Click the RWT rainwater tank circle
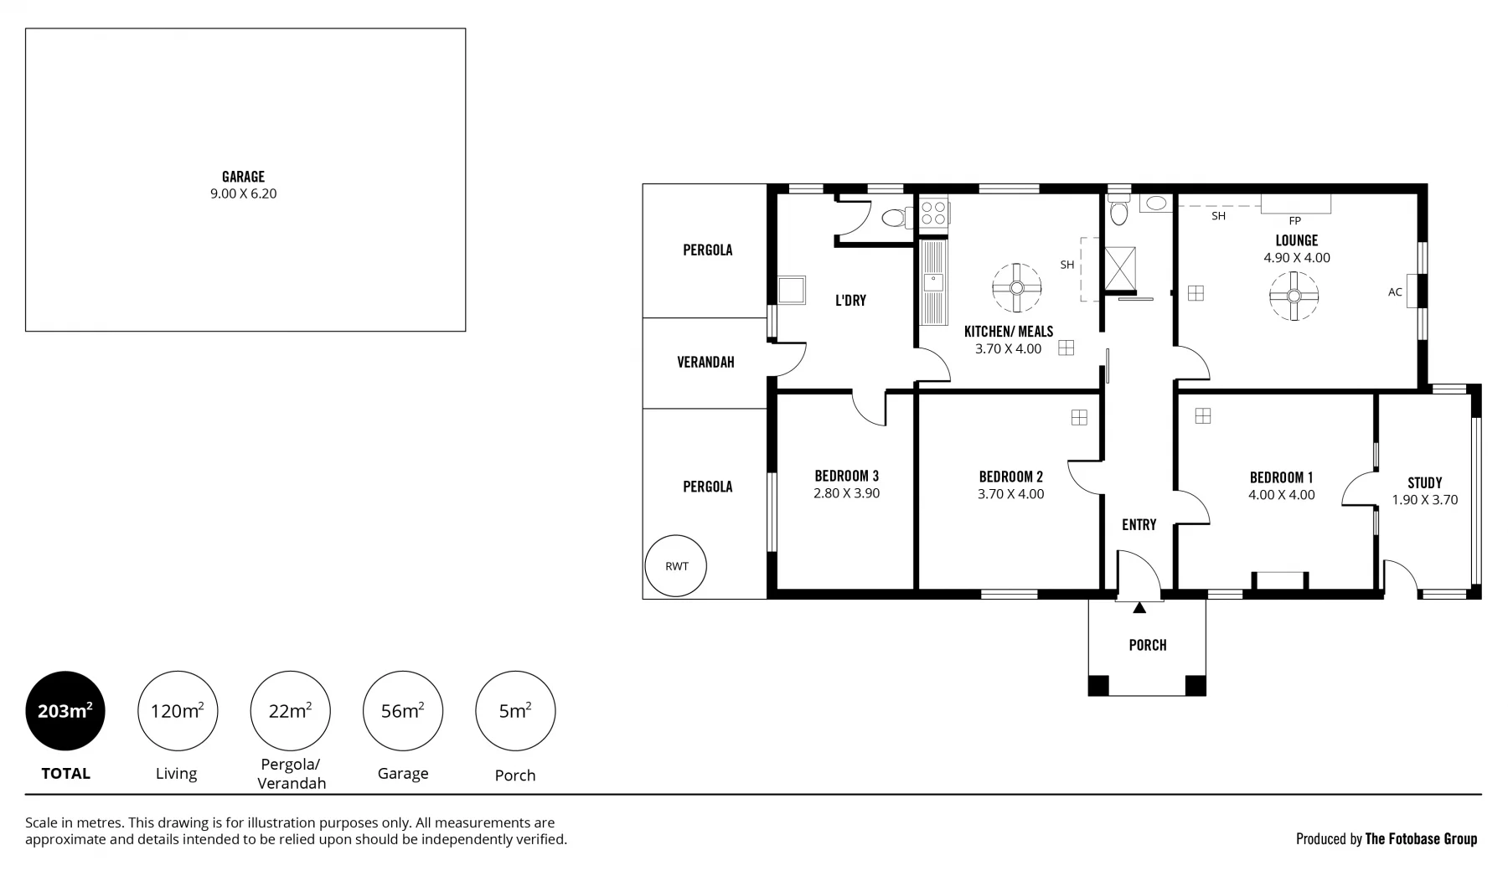pos(675,566)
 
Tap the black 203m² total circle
pos(65,711)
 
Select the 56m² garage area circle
pos(402,711)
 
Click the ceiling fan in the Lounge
pos(1294,296)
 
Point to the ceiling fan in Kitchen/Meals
pos(1016,288)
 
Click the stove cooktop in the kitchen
pos(933,213)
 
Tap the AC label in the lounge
pos(1394,292)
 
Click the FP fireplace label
pos(1294,221)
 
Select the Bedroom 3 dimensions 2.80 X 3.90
pos(846,493)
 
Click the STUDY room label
pos(1424,482)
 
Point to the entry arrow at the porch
pos(1139,608)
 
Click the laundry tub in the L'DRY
pos(791,291)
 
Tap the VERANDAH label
pos(705,362)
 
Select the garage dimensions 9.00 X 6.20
pos(243,193)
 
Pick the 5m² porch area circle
pos(514,711)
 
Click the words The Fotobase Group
pos(1421,838)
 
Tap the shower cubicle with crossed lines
pos(1119,268)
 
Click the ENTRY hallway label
pos(1139,524)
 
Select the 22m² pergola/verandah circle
pos(290,711)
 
